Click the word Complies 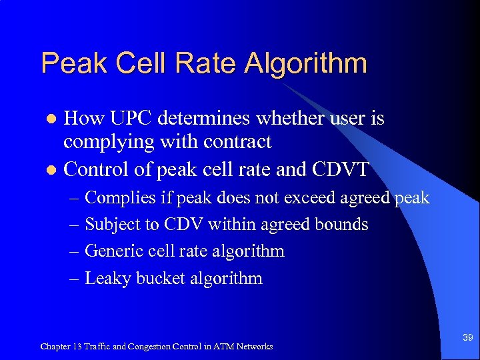pos(121,198)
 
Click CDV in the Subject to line pos(188,225)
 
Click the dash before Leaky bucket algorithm pos(75,278)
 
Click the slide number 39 pos(467,339)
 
